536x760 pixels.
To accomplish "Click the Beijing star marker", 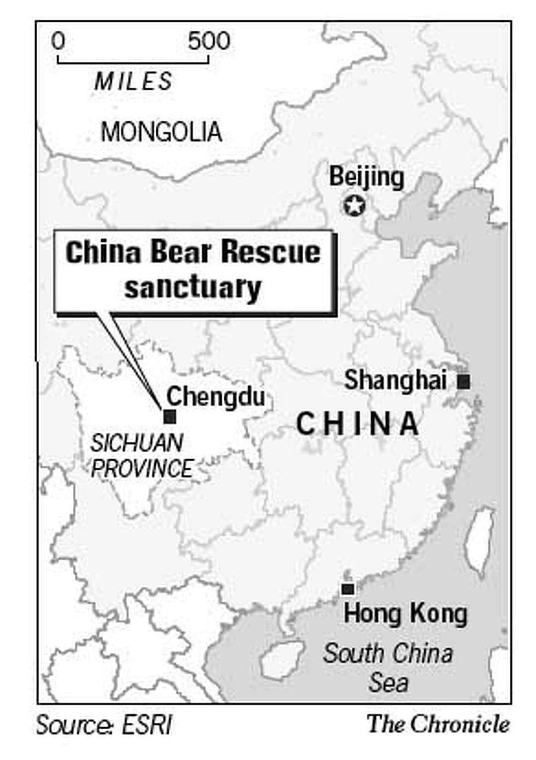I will (354, 206).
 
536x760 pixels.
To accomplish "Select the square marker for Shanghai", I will (464, 381).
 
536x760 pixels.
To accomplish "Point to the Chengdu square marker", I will (170, 416).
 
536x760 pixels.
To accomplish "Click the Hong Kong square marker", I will (348, 589).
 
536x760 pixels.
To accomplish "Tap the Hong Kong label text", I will (405, 614).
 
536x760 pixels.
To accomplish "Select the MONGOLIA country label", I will (161, 132).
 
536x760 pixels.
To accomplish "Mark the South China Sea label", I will (388, 668).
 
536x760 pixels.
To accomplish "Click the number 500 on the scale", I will (209, 41).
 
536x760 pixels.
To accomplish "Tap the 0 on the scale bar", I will (59, 41).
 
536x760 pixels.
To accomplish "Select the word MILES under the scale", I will (134, 81).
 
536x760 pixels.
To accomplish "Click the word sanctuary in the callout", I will (193, 287).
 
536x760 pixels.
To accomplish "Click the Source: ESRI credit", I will (104, 725).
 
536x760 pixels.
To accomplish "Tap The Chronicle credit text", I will (438, 724).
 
